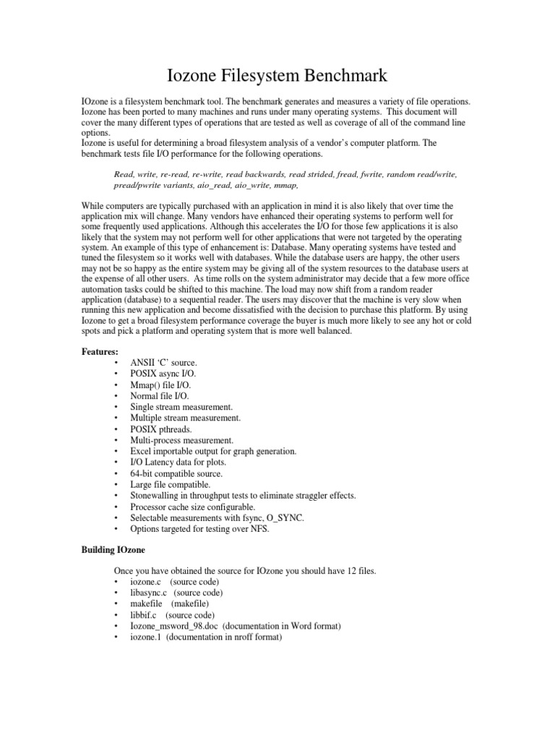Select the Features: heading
point(100,350)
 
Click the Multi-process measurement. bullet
point(182,440)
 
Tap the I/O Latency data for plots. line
point(178,462)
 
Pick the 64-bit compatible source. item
point(176,474)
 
